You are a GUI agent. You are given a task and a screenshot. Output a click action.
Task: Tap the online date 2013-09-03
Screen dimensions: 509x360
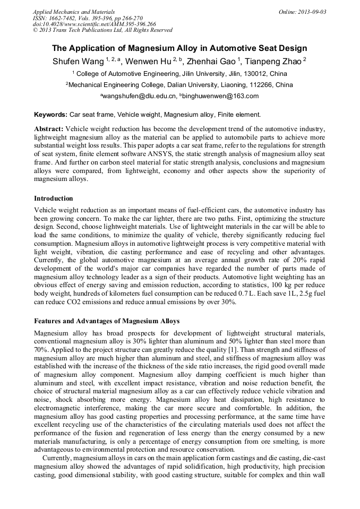pos(310,12)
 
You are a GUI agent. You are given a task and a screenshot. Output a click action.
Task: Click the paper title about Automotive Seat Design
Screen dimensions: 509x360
pos(179,48)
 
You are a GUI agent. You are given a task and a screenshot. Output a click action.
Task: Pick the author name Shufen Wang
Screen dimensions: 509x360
pos(78,62)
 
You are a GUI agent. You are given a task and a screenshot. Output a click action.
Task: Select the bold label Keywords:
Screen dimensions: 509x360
pos(50,114)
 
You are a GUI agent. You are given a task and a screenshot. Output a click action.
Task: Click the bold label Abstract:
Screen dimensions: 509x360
pos(49,129)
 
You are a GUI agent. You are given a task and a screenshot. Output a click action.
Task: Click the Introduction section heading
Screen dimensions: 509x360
pos(54,198)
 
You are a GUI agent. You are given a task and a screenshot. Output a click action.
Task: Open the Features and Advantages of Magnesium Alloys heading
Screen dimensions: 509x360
pos(107,321)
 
